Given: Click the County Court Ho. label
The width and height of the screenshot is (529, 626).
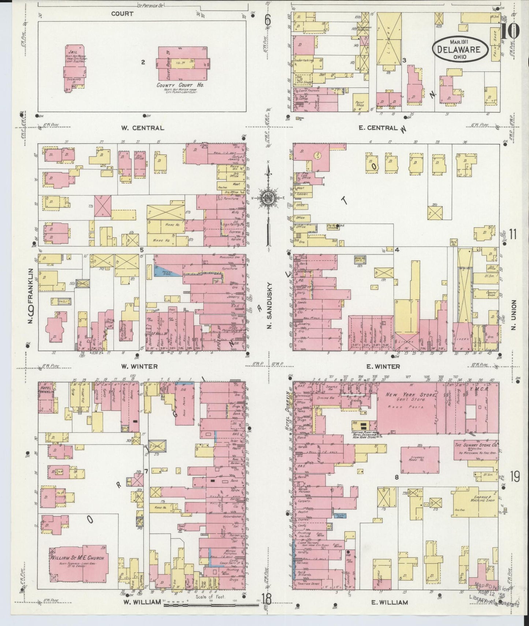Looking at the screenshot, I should coord(180,85).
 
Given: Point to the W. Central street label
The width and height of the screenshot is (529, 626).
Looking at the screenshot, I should coord(142,128).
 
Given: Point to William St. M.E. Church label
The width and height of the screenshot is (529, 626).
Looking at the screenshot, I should coord(78,558).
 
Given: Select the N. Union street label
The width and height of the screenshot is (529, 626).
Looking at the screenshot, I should coord(514,315).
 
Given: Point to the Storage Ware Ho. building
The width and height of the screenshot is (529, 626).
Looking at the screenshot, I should coord(420,460).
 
